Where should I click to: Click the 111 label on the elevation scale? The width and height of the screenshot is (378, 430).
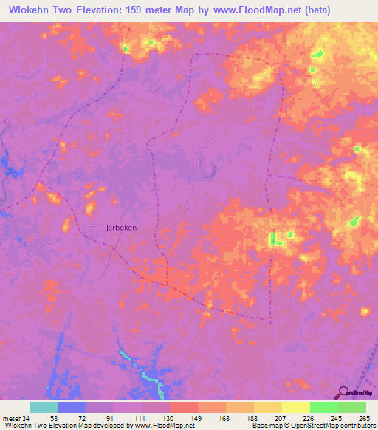coord(139,417)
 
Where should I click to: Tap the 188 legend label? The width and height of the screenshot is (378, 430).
coord(252,417)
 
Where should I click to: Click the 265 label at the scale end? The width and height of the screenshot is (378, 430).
coord(363,417)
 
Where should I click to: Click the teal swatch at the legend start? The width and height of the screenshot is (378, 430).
coord(44,407)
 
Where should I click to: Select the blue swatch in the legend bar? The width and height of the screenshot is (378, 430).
coord(72,407)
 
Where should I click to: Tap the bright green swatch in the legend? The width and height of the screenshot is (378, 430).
coord(323,407)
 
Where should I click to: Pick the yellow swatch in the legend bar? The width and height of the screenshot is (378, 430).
coord(295,407)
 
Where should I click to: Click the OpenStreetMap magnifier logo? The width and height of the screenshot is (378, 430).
coord(342,392)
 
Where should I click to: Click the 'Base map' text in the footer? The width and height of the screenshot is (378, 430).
coord(264,426)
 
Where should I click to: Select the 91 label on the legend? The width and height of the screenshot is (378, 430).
coord(111,417)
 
